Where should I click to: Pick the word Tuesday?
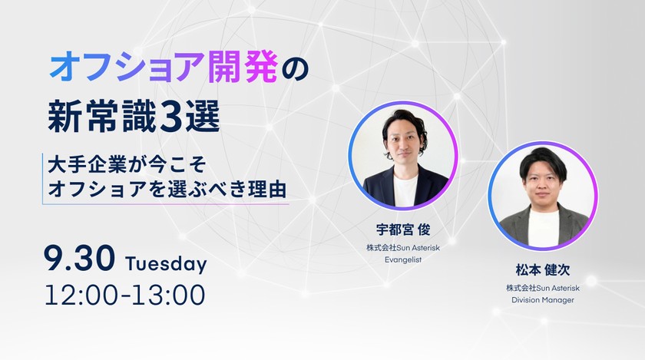click(166, 264)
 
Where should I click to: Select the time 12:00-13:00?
click(125, 294)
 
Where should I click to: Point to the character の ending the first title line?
click(294, 69)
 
